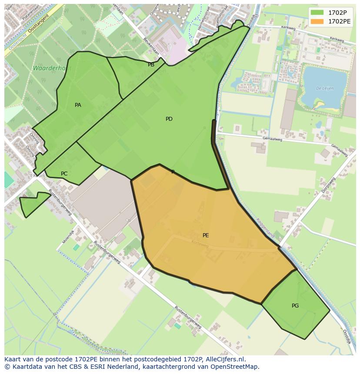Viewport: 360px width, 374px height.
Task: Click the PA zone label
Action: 78,105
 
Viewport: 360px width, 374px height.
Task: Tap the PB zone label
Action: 151,65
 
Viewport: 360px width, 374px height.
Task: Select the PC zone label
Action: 64,174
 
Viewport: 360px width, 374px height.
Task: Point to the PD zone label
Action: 169,119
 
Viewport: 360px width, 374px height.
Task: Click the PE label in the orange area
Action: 206,235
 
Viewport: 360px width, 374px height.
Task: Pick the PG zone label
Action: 295,306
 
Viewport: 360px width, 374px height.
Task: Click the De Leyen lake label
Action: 324,88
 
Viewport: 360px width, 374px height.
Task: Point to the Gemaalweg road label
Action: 272,139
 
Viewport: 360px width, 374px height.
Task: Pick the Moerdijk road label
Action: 68,236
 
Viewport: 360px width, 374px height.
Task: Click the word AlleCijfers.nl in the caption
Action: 223,360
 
